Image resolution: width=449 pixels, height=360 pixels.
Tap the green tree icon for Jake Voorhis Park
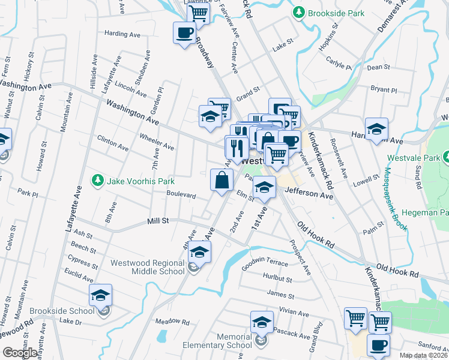96,180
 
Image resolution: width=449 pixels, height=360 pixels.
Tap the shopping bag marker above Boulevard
221,179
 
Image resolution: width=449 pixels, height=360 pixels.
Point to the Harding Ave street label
122,34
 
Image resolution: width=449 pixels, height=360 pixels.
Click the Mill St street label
158,221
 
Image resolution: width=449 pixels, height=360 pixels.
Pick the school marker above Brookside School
100,295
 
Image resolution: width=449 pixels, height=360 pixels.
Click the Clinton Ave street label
113,143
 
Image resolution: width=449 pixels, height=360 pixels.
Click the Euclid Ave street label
80,276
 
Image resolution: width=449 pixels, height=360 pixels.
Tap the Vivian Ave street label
294,312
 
